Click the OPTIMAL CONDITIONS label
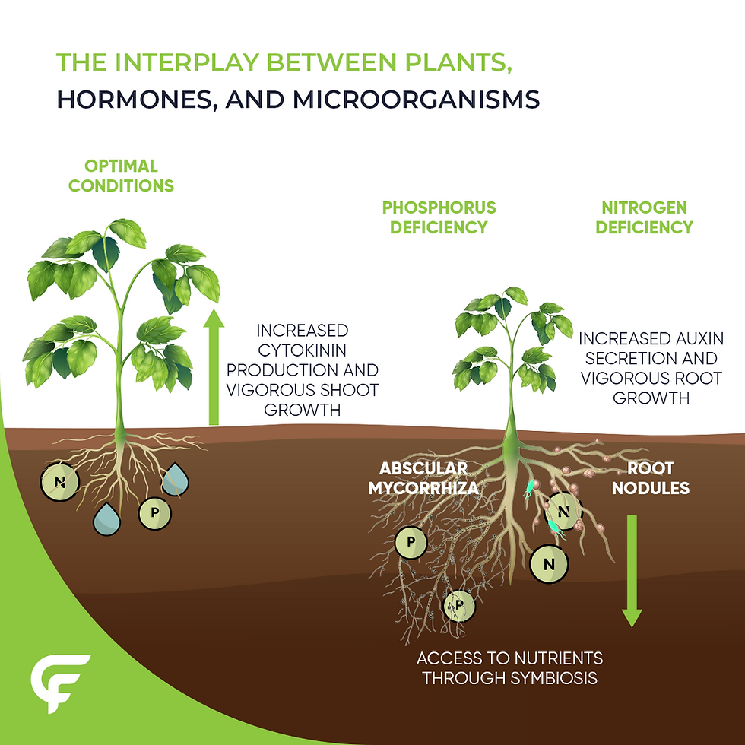121,176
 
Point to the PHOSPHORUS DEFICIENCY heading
439,217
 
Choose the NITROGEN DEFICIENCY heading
645,217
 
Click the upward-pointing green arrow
214,366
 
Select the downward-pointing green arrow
632,571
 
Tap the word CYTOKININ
303,350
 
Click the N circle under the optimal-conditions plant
60,482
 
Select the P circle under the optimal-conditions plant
154,513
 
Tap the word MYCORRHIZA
423,488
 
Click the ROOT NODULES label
651,478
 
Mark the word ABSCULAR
423,468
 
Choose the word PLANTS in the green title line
458,63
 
